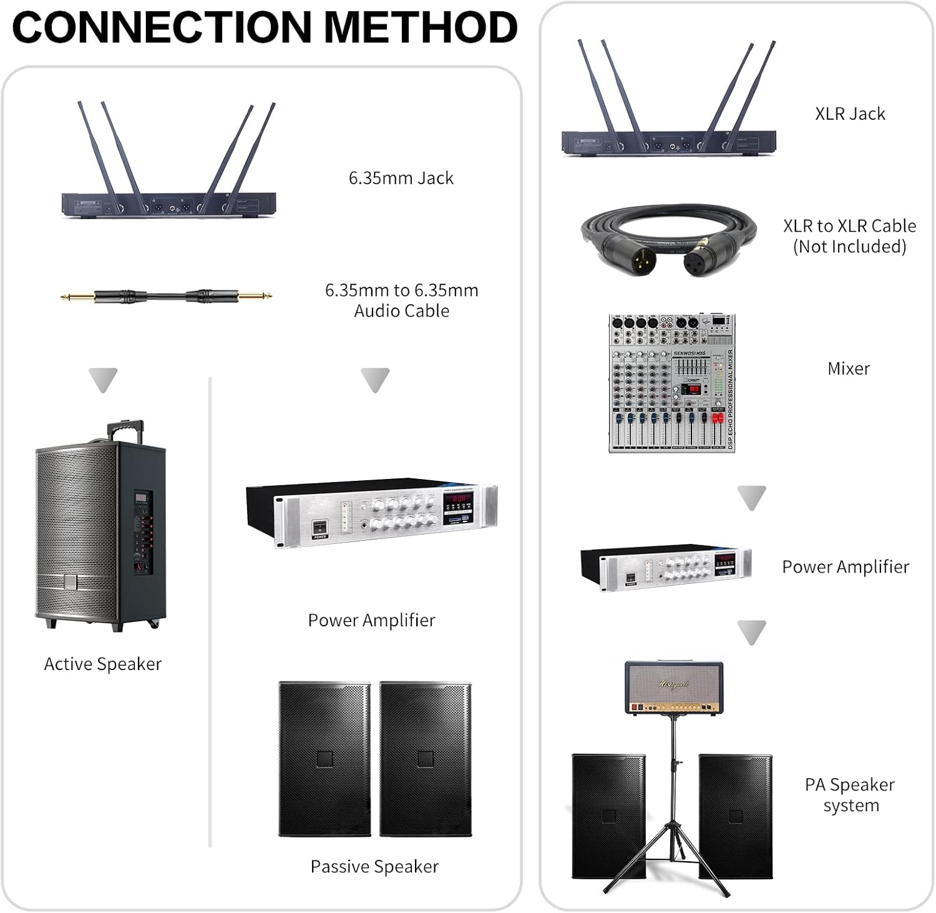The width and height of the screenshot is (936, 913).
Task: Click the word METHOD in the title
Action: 421,27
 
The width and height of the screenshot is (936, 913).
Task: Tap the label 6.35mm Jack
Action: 401,178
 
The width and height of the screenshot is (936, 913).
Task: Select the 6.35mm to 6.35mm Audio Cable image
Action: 166,296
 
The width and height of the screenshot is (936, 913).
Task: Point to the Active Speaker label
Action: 103,664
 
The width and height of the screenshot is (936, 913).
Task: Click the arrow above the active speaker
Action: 103,380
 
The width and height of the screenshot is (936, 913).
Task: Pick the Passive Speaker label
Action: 374,866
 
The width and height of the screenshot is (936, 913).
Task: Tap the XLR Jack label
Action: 850,114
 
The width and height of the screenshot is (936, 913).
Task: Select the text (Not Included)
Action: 849,247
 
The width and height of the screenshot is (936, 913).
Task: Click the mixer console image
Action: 672,383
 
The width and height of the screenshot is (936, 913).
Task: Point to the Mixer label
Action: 849,368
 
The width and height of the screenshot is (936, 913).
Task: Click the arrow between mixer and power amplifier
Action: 751,498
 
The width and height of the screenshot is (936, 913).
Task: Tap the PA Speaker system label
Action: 850,795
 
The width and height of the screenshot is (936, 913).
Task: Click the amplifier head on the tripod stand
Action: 674,688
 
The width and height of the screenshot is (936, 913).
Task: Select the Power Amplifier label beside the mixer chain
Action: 846,566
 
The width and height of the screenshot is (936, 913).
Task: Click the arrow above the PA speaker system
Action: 751,632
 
